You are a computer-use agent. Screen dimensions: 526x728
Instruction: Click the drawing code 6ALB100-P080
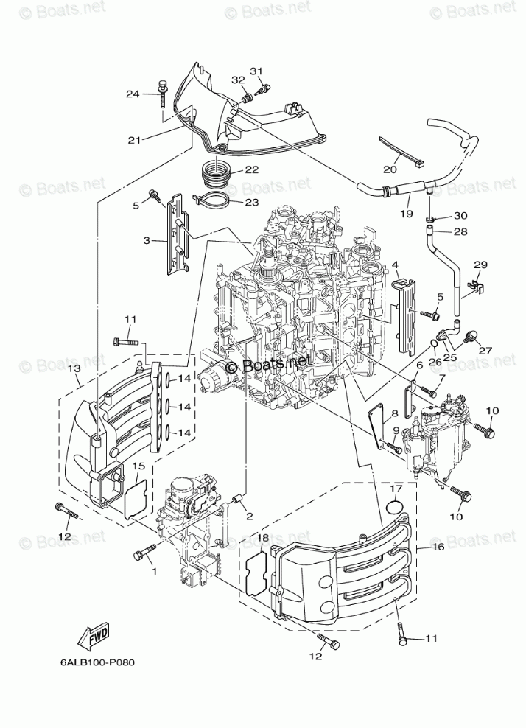pos(97,662)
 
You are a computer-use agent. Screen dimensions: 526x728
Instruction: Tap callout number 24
pos(133,94)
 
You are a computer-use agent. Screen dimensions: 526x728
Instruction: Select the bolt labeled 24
pos(163,93)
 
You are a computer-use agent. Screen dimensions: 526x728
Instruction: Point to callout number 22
pos(252,170)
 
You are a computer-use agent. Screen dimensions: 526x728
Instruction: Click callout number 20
pos(390,170)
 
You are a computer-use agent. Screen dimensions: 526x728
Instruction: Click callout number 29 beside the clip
pos(481,265)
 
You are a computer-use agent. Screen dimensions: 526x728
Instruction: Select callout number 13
pos(74,368)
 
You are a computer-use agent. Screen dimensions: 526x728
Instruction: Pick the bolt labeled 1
pos(145,552)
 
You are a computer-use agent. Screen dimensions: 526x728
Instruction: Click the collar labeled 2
pos(240,501)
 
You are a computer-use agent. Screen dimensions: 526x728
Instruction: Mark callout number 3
pos(147,240)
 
